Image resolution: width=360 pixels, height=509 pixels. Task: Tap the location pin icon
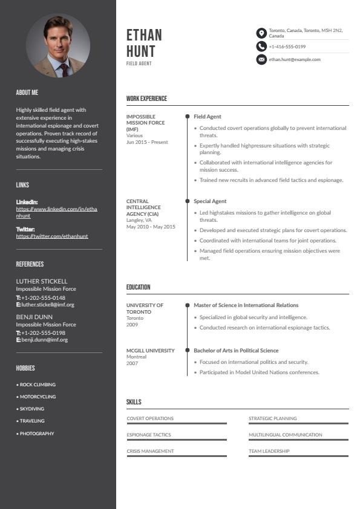(261, 33)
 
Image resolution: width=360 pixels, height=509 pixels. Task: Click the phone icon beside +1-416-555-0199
(261, 47)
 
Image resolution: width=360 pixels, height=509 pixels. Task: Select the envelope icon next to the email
(261, 59)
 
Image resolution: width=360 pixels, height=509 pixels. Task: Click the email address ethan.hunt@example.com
(295, 59)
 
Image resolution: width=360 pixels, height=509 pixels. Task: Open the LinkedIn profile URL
(56, 212)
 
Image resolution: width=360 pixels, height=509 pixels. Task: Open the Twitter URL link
(52, 236)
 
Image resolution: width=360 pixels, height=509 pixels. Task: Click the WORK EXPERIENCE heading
(146, 99)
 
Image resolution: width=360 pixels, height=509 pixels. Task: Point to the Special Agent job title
(210, 201)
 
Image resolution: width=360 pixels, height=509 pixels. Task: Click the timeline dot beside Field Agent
(188, 116)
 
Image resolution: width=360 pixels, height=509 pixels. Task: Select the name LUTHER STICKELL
(42, 281)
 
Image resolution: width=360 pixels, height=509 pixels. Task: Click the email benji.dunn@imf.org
(45, 340)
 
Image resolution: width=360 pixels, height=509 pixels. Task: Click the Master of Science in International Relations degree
(246, 305)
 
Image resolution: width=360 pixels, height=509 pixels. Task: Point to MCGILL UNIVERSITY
(151, 351)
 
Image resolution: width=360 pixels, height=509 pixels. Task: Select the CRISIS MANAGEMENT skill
(150, 451)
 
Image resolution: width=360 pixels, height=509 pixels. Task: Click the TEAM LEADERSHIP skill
(269, 451)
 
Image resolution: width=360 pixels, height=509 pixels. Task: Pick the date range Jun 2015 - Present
(147, 142)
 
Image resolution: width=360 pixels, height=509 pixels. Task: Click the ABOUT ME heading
(27, 92)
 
